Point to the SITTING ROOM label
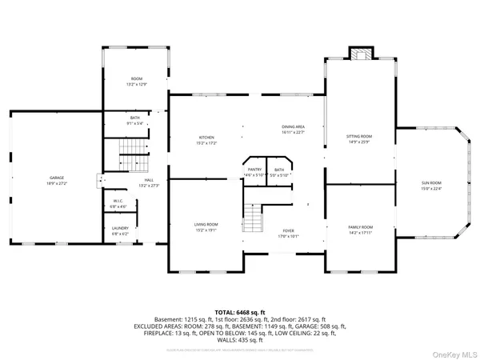coord(358,137)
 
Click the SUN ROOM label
coord(431,183)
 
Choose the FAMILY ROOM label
coord(361,227)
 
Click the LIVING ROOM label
coord(206,224)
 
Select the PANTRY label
coord(254,170)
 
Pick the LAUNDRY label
coord(120,228)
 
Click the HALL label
coord(149,180)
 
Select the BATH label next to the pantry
coord(279,170)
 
